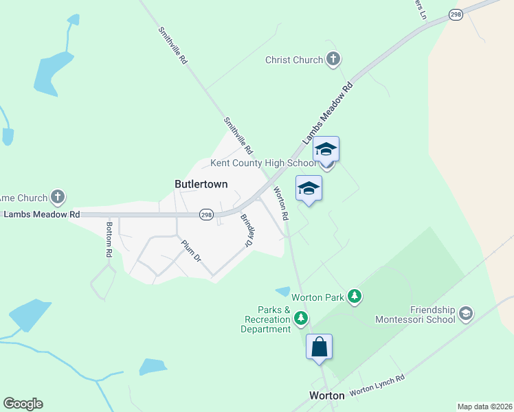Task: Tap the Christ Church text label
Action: click(294, 60)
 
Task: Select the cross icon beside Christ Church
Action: click(333, 60)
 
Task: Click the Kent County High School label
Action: click(263, 163)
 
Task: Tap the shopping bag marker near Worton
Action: click(320, 346)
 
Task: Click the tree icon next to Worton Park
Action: click(355, 297)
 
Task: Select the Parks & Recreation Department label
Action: click(266, 319)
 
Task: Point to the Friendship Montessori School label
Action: click(415, 314)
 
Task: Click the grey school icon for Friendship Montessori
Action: click(465, 314)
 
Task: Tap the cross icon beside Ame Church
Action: click(58, 198)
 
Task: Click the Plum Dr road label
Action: click(191, 251)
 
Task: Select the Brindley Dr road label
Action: click(247, 231)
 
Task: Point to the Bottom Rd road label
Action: click(109, 239)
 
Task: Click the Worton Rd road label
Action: click(281, 203)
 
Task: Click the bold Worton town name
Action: click(326, 396)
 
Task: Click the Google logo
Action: click(23, 404)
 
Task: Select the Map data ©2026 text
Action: click(484, 407)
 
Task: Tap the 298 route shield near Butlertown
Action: click(206, 215)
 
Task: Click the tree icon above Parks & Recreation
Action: click(301, 318)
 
